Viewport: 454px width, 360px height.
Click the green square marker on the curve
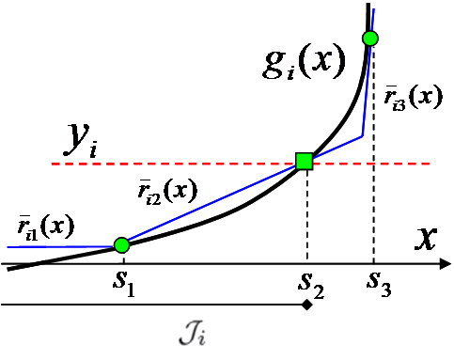(305, 161)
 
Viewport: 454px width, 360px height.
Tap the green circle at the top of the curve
(369, 39)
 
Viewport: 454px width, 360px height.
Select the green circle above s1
(120, 245)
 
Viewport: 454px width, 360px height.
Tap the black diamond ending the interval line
(306, 305)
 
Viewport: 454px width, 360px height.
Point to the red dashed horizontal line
(188, 164)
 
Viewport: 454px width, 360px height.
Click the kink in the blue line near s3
(362, 137)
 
